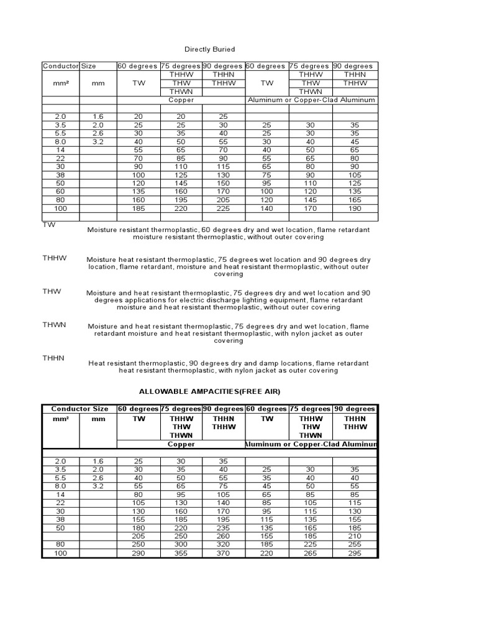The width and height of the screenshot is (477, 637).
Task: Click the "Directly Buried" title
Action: [210, 49]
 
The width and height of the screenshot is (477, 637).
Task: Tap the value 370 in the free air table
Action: [221, 553]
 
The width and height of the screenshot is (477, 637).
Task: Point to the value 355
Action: [181, 553]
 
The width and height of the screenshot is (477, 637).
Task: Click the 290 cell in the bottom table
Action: [138, 553]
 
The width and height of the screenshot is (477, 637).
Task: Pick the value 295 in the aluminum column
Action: [354, 553]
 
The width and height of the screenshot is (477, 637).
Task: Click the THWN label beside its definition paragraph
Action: [54, 325]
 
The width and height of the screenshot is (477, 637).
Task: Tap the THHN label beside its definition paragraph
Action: [54, 358]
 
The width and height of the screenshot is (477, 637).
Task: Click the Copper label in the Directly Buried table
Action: [181, 100]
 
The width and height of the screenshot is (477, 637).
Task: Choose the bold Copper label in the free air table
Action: [181, 445]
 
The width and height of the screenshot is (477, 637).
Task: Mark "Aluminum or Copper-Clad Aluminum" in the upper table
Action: [311, 100]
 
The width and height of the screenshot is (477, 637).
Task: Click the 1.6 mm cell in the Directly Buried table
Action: [98, 116]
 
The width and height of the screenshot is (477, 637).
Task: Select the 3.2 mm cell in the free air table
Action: [98, 485]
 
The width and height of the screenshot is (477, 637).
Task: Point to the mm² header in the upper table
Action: [60, 83]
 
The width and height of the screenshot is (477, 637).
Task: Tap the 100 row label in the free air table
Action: [60, 553]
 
